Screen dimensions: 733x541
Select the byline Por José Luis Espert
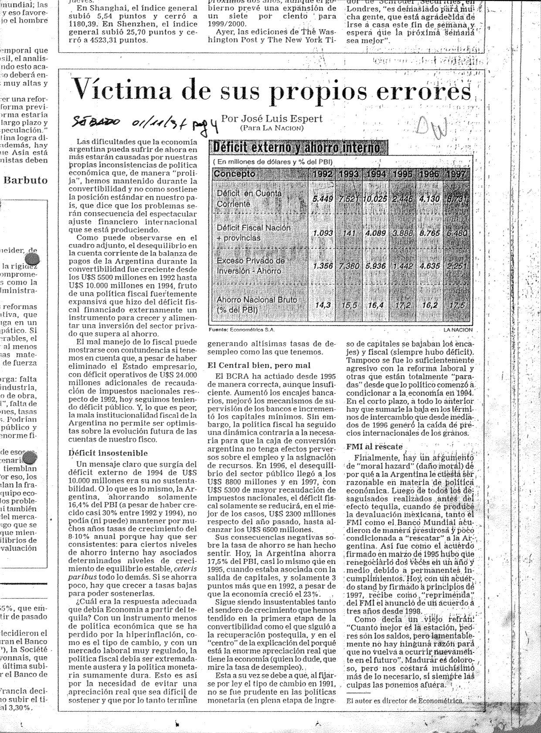pyautogui.click(x=272, y=119)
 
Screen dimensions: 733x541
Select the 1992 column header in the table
pyautogui.click(x=323, y=175)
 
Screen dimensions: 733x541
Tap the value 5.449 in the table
pyautogui.click(x=323, y=199)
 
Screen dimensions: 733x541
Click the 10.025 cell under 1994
pyautogui.click(x=375, y=199)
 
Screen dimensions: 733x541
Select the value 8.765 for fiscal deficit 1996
pyautogui.click(x=429, y=233)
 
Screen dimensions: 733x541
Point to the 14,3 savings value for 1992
pyautogui.click(x=323, y=305)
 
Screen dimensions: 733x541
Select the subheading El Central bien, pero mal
pyautogui.click(x=259, y=365)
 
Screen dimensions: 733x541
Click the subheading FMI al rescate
pyautogui.click(x=374, y=446)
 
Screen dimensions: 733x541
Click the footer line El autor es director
pyautogui.click(x=405, y=701)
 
